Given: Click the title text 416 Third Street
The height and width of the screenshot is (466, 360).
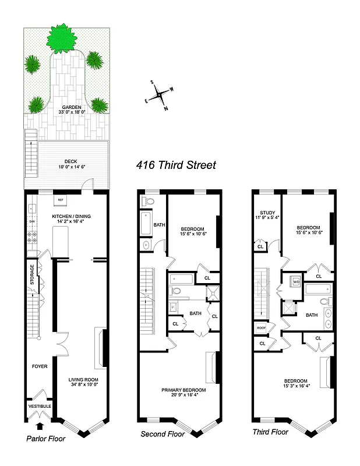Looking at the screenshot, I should [x=176, y=165].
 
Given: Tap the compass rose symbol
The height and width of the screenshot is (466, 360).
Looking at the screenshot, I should [x=159, y=95].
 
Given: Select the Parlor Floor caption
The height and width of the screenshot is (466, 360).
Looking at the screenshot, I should [x=45, y=439].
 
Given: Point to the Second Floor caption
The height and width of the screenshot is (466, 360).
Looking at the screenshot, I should [x=163, y=434].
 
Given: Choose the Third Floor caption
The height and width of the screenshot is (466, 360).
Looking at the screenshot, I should [x=270, y=432].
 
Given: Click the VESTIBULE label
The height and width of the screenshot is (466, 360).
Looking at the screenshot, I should [x=40, y=406].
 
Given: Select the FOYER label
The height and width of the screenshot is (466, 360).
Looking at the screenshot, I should [x=40, y=366].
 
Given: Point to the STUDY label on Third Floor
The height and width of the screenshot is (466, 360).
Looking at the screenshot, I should [x=267, y=213].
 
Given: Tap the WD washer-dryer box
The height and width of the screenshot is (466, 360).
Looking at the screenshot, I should [x=295, y=281].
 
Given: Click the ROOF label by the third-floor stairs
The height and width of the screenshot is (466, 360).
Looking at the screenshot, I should [x=261, y=329].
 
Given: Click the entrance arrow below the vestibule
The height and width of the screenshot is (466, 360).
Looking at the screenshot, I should [x=40, y=427].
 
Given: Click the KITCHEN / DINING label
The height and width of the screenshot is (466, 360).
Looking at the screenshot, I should [x=72, y=217].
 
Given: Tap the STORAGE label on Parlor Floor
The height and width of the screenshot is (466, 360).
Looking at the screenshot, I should [x=33, y=275].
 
